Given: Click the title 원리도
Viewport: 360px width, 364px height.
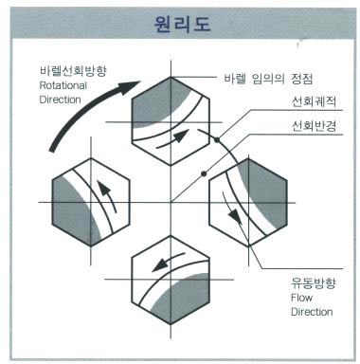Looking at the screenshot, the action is coord(183,24).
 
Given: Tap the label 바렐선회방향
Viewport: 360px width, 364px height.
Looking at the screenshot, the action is coord(73,70).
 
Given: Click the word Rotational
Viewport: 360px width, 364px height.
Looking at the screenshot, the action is coord(63,85).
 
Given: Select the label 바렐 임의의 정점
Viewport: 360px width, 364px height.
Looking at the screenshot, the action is coord(268,79).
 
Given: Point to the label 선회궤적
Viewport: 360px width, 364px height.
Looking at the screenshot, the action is coord(314,101).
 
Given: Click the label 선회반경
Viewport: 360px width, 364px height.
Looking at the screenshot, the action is coord(314,126).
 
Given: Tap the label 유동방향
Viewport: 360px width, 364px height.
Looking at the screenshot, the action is coord(314,282).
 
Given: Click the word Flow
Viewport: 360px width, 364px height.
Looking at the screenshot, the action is coord(302,298).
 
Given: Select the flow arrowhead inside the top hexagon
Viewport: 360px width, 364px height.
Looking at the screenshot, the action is coord(181,136).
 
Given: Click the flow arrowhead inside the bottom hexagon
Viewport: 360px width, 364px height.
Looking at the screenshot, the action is coord(160,264).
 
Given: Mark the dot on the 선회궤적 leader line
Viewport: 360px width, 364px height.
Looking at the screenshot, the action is coord(217,139).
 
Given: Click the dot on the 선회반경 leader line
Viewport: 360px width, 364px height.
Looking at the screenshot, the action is coord(204,173).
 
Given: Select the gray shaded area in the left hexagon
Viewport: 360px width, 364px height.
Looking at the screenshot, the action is coord(72,209).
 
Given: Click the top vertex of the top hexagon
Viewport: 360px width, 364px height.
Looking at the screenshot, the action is coord(171,77).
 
